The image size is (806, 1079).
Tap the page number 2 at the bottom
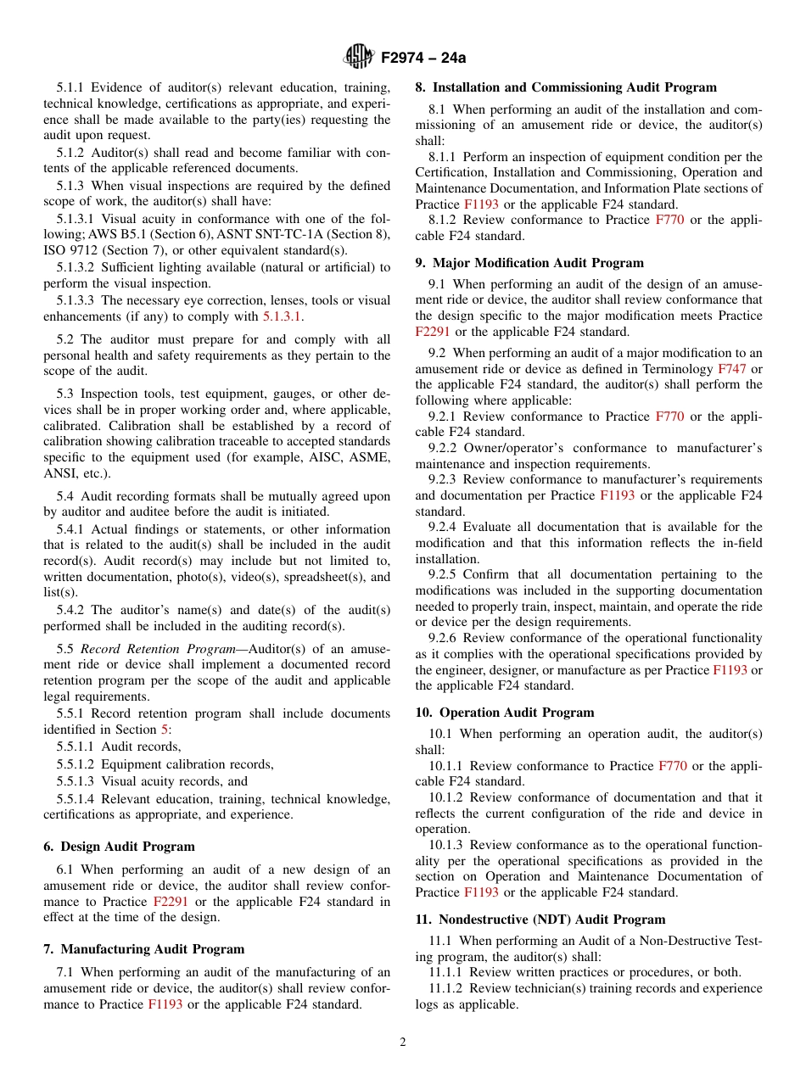coord(403,1043)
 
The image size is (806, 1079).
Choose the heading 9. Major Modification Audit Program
coord(529,263)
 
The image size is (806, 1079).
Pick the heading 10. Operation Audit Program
coord(504,713)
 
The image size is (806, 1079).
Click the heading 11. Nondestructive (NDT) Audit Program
coord(540,920)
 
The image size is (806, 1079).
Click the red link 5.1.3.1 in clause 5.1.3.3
coord(282,316)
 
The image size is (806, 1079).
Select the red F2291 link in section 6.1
coord(171,902)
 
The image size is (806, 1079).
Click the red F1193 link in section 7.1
coord(165,1004)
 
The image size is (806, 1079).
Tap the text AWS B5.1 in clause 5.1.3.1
coord(109,234)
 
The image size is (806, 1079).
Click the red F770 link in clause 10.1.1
coord(673,766)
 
